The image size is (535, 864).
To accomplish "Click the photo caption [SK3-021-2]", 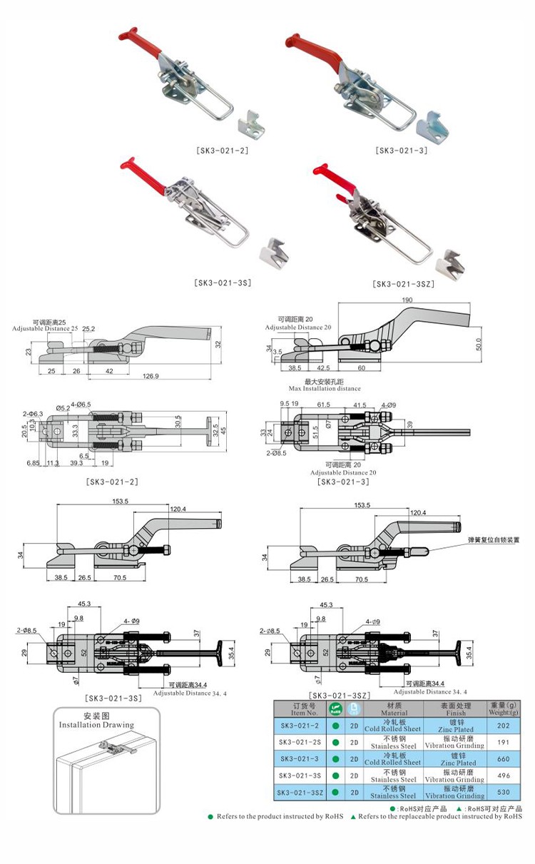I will click(222, 151).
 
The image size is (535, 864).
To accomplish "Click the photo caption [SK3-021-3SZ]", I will click(403, 284).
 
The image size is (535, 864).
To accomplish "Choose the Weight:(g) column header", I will click(503, 708).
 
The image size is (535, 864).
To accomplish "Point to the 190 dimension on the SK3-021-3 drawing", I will click(407, 300).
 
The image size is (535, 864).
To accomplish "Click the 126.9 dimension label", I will click(151, 376).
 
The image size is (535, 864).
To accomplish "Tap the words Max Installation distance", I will click(325, 389).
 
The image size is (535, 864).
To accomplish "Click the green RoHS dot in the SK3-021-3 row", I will click(335, 758).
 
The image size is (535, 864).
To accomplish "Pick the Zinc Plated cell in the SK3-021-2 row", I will click(456, 726).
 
